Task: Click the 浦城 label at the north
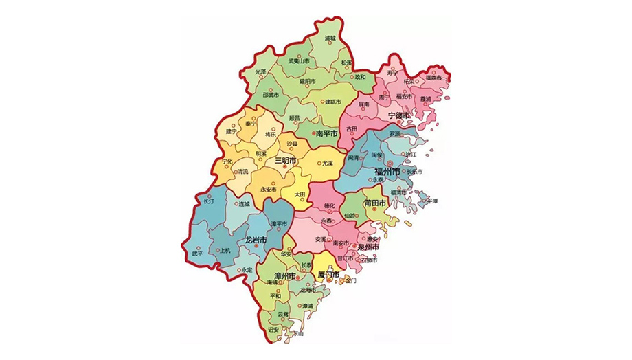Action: pyautogui.click(x=330, y=38)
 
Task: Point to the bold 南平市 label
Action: pyautogui.click(x=326, y=135)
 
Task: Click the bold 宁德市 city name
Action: pyautogui.click(x=399, y=115)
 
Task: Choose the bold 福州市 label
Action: pyautogui.click(x=389, y=171)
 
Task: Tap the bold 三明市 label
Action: pyautogui.click(x=285, y=161)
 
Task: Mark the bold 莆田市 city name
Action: pyautogui.click(x=375, y=203)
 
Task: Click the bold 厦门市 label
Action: pyautogui.click(x=329, y=275)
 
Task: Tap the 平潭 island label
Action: pyautogui.click(x=431, y=201)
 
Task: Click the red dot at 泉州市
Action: pyautogui.click(x=354, y=245)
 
